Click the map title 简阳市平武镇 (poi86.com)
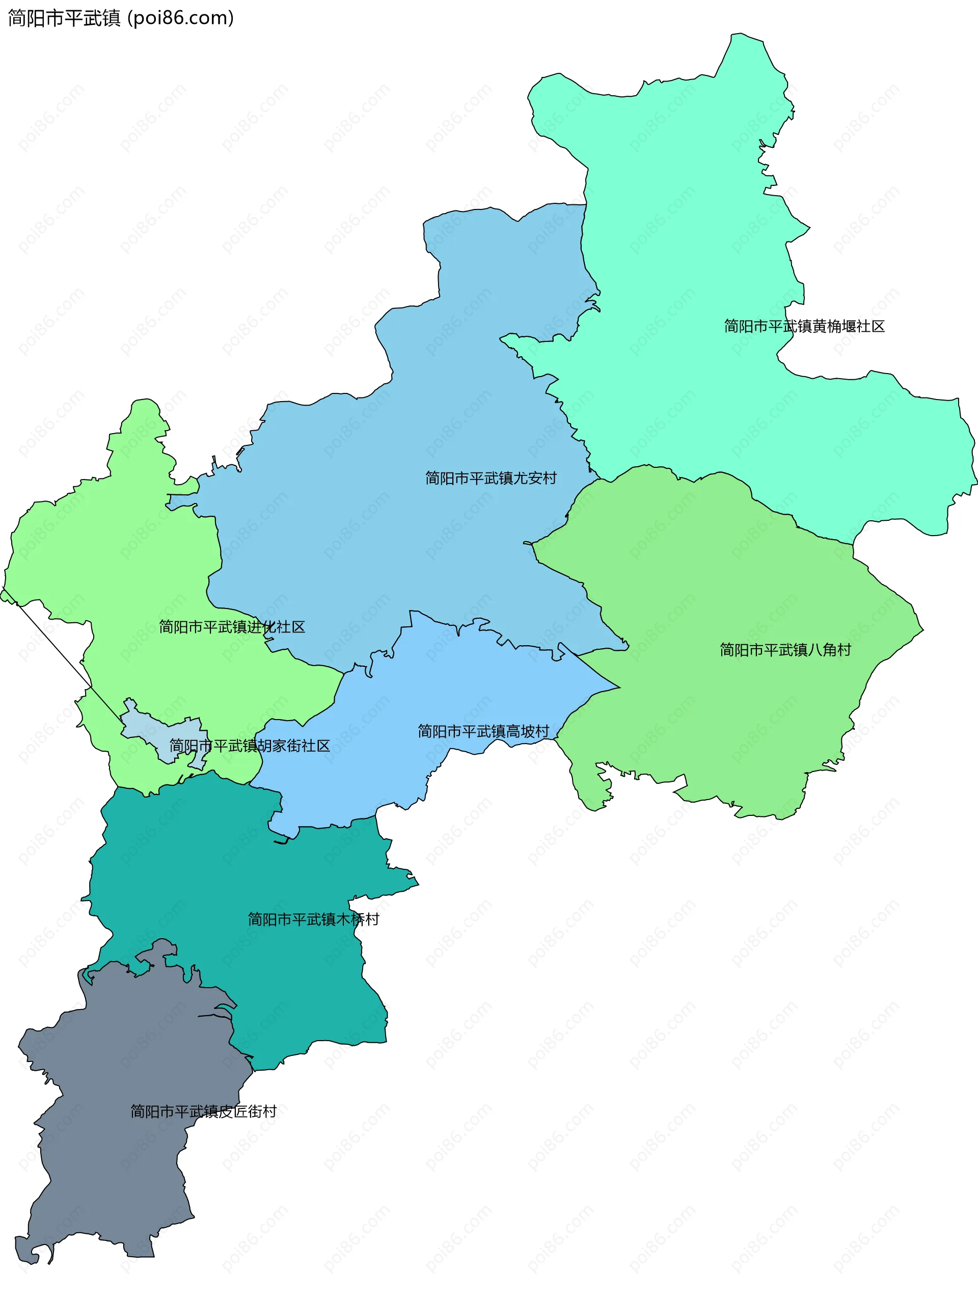(x=121, y=18)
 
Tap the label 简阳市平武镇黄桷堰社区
(x=804, y=326)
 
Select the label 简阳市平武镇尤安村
(x=491, y=478)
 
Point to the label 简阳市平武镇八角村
(x=785, y=650)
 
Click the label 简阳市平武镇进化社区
(x=232, y=627)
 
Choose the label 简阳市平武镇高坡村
(x=483, y=731)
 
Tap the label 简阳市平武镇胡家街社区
(x=250, y=745)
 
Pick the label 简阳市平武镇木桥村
(x=313, y=919)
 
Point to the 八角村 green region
(x=733, y=587)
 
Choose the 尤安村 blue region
(x=411, y=411)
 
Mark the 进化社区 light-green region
(x=117, y=558)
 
